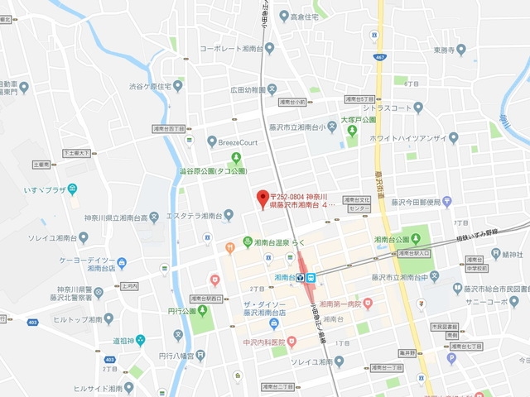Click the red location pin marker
263,198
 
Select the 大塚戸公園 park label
358,120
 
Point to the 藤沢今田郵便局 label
421,201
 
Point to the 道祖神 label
122,339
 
